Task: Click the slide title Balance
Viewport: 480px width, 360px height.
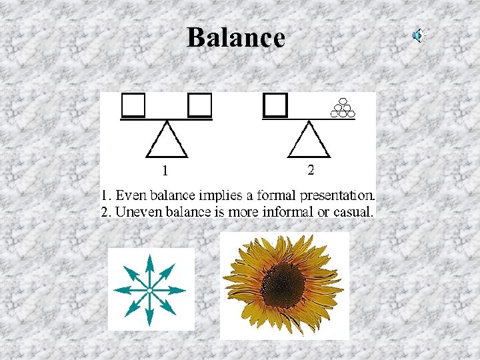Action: click(x=235, y=37)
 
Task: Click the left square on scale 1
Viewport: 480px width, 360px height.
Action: click(x=133, y=105)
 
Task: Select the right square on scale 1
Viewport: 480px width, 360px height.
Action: click(x=199, y=105)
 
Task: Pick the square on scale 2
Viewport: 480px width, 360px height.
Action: click(x=275, y=105)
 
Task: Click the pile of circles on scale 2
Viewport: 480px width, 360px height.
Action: click(x=343, y=108)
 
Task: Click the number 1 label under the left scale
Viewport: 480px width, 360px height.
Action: click(x=165, y=171)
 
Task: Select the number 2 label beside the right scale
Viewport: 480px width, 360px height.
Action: click(x=311, y=170)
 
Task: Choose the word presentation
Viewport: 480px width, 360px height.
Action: click(x=338, y=197)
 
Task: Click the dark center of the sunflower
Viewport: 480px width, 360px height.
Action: click(x=283, y=285)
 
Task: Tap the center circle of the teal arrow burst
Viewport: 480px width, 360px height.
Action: click(x=150, y=290)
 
